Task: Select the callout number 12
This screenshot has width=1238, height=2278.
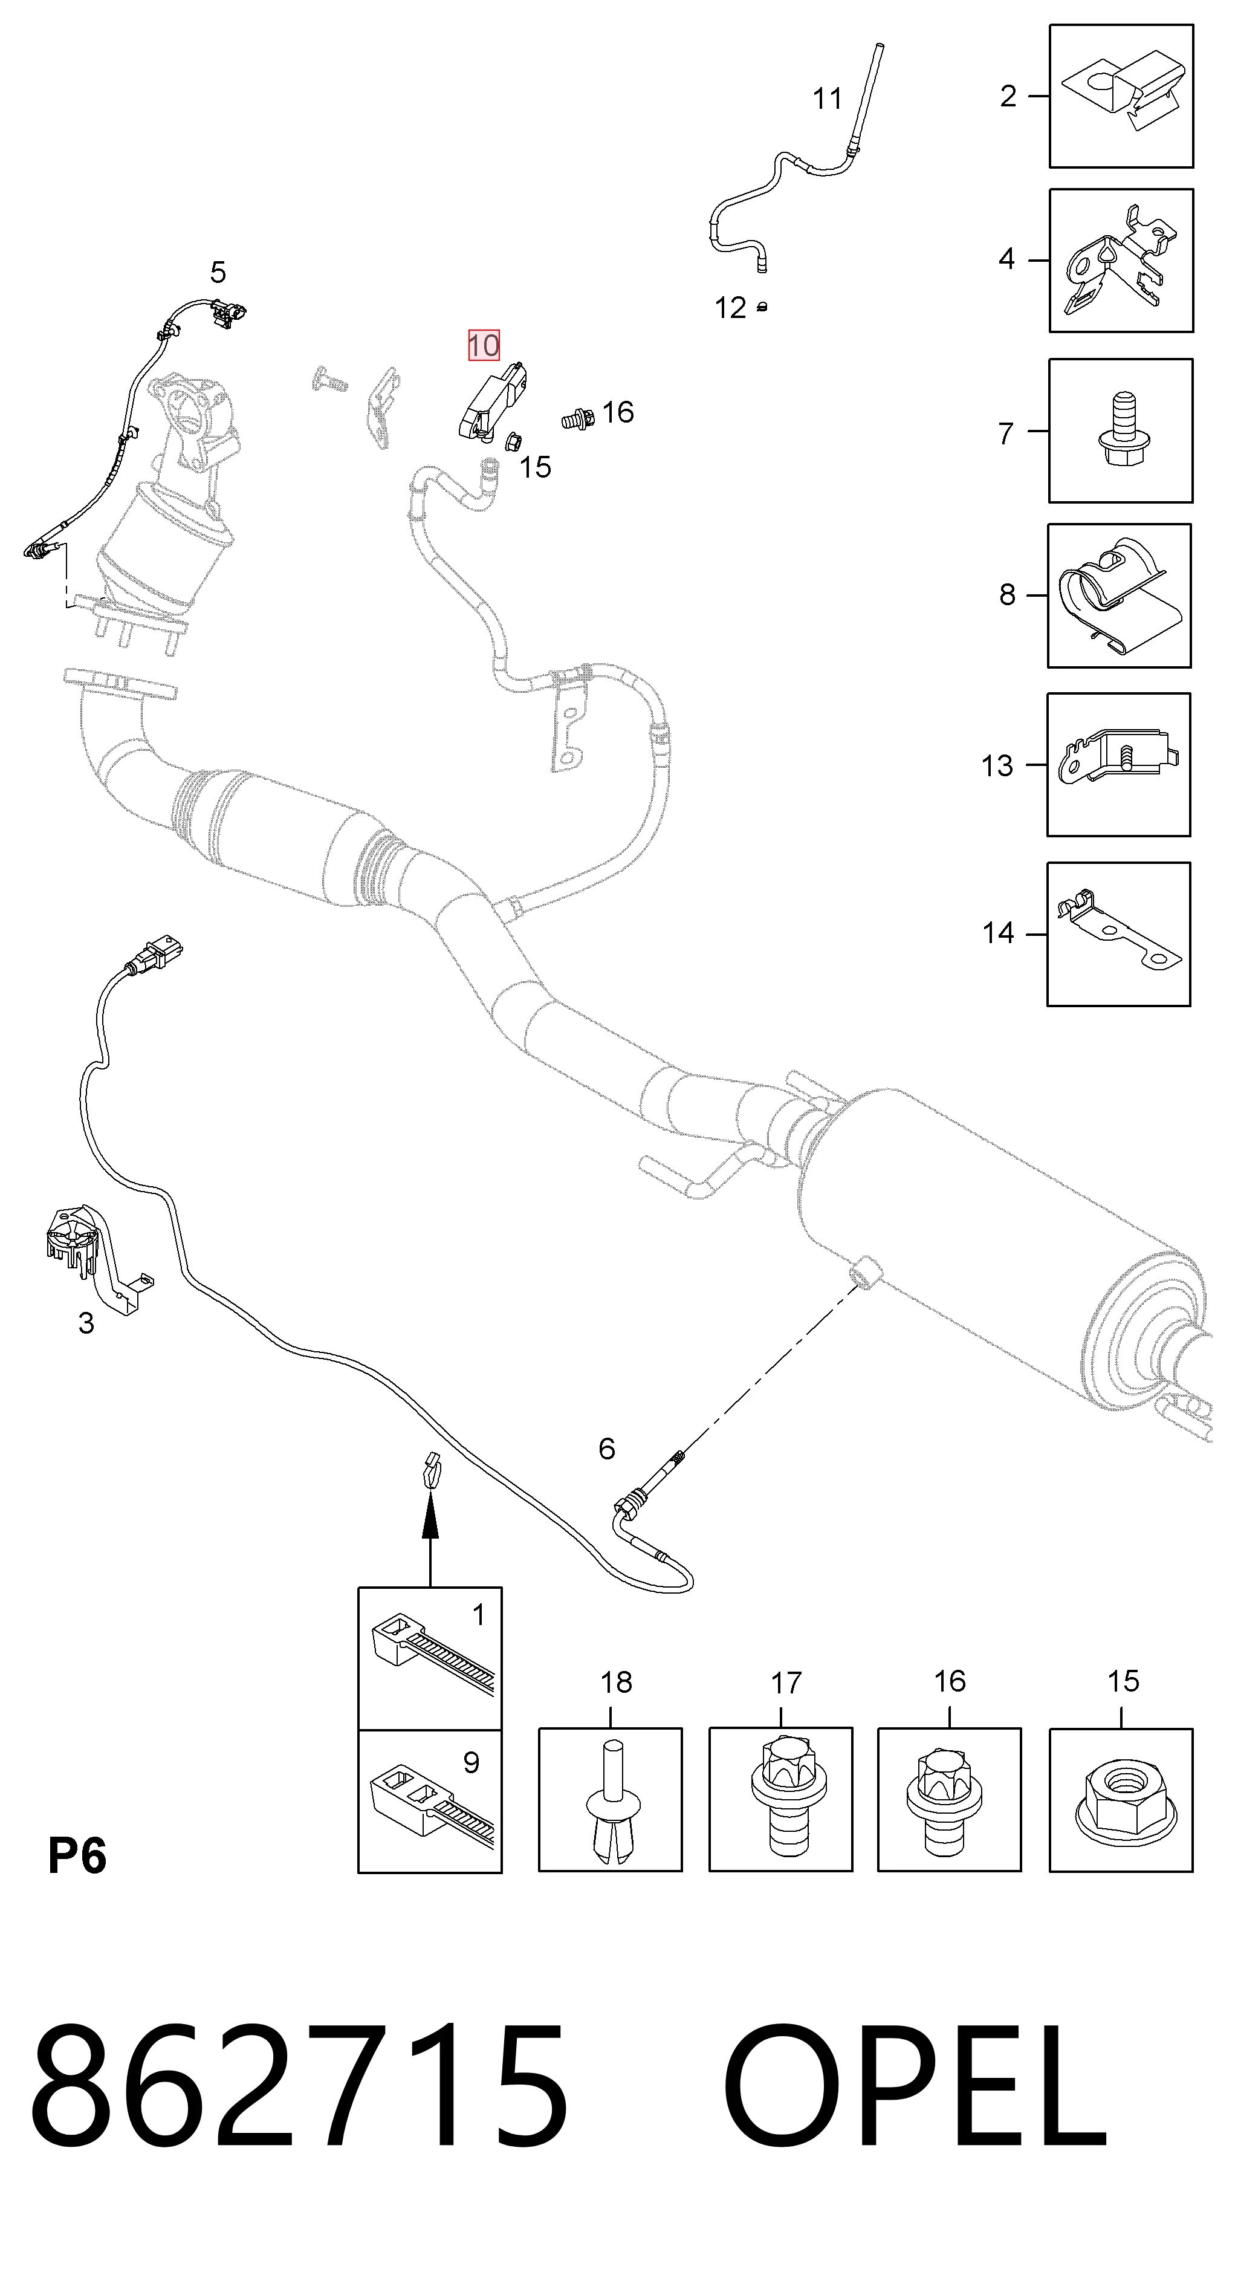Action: pos(730,308)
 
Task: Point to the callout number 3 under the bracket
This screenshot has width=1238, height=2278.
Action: pos(86,1323)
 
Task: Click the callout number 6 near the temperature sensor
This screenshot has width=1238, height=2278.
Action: pos(607,1449)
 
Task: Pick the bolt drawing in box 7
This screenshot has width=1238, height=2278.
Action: pos(1121,432)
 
